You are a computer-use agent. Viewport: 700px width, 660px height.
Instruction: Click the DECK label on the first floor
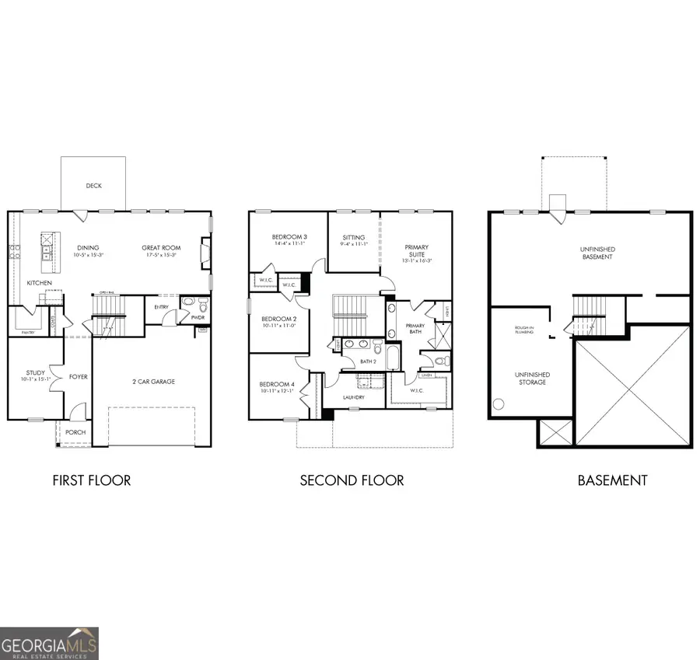click(94, 186)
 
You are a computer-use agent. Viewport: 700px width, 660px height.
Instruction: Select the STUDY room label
click(35, 373)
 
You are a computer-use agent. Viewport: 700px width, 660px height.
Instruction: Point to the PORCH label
click(75, 432)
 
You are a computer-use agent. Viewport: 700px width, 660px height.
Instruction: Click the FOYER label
click(78, 377)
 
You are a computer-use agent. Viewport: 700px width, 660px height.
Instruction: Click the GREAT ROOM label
click(160, 248)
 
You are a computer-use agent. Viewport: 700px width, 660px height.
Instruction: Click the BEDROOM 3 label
click(289, 237)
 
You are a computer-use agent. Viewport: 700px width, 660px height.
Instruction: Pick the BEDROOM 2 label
click(278, 319)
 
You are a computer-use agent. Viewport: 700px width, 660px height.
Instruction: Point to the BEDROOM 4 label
click(278, 385)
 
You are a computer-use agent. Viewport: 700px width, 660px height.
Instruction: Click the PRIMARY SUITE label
click(416, 251)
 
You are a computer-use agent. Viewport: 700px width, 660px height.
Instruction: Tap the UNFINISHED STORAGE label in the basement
click(533, 378)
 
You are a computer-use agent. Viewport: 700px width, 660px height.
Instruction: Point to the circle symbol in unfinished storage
click(499, 404)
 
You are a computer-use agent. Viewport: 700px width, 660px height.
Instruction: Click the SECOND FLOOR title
click(352, 480)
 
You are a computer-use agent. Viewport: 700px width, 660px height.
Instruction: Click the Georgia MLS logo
click(49, 643)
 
